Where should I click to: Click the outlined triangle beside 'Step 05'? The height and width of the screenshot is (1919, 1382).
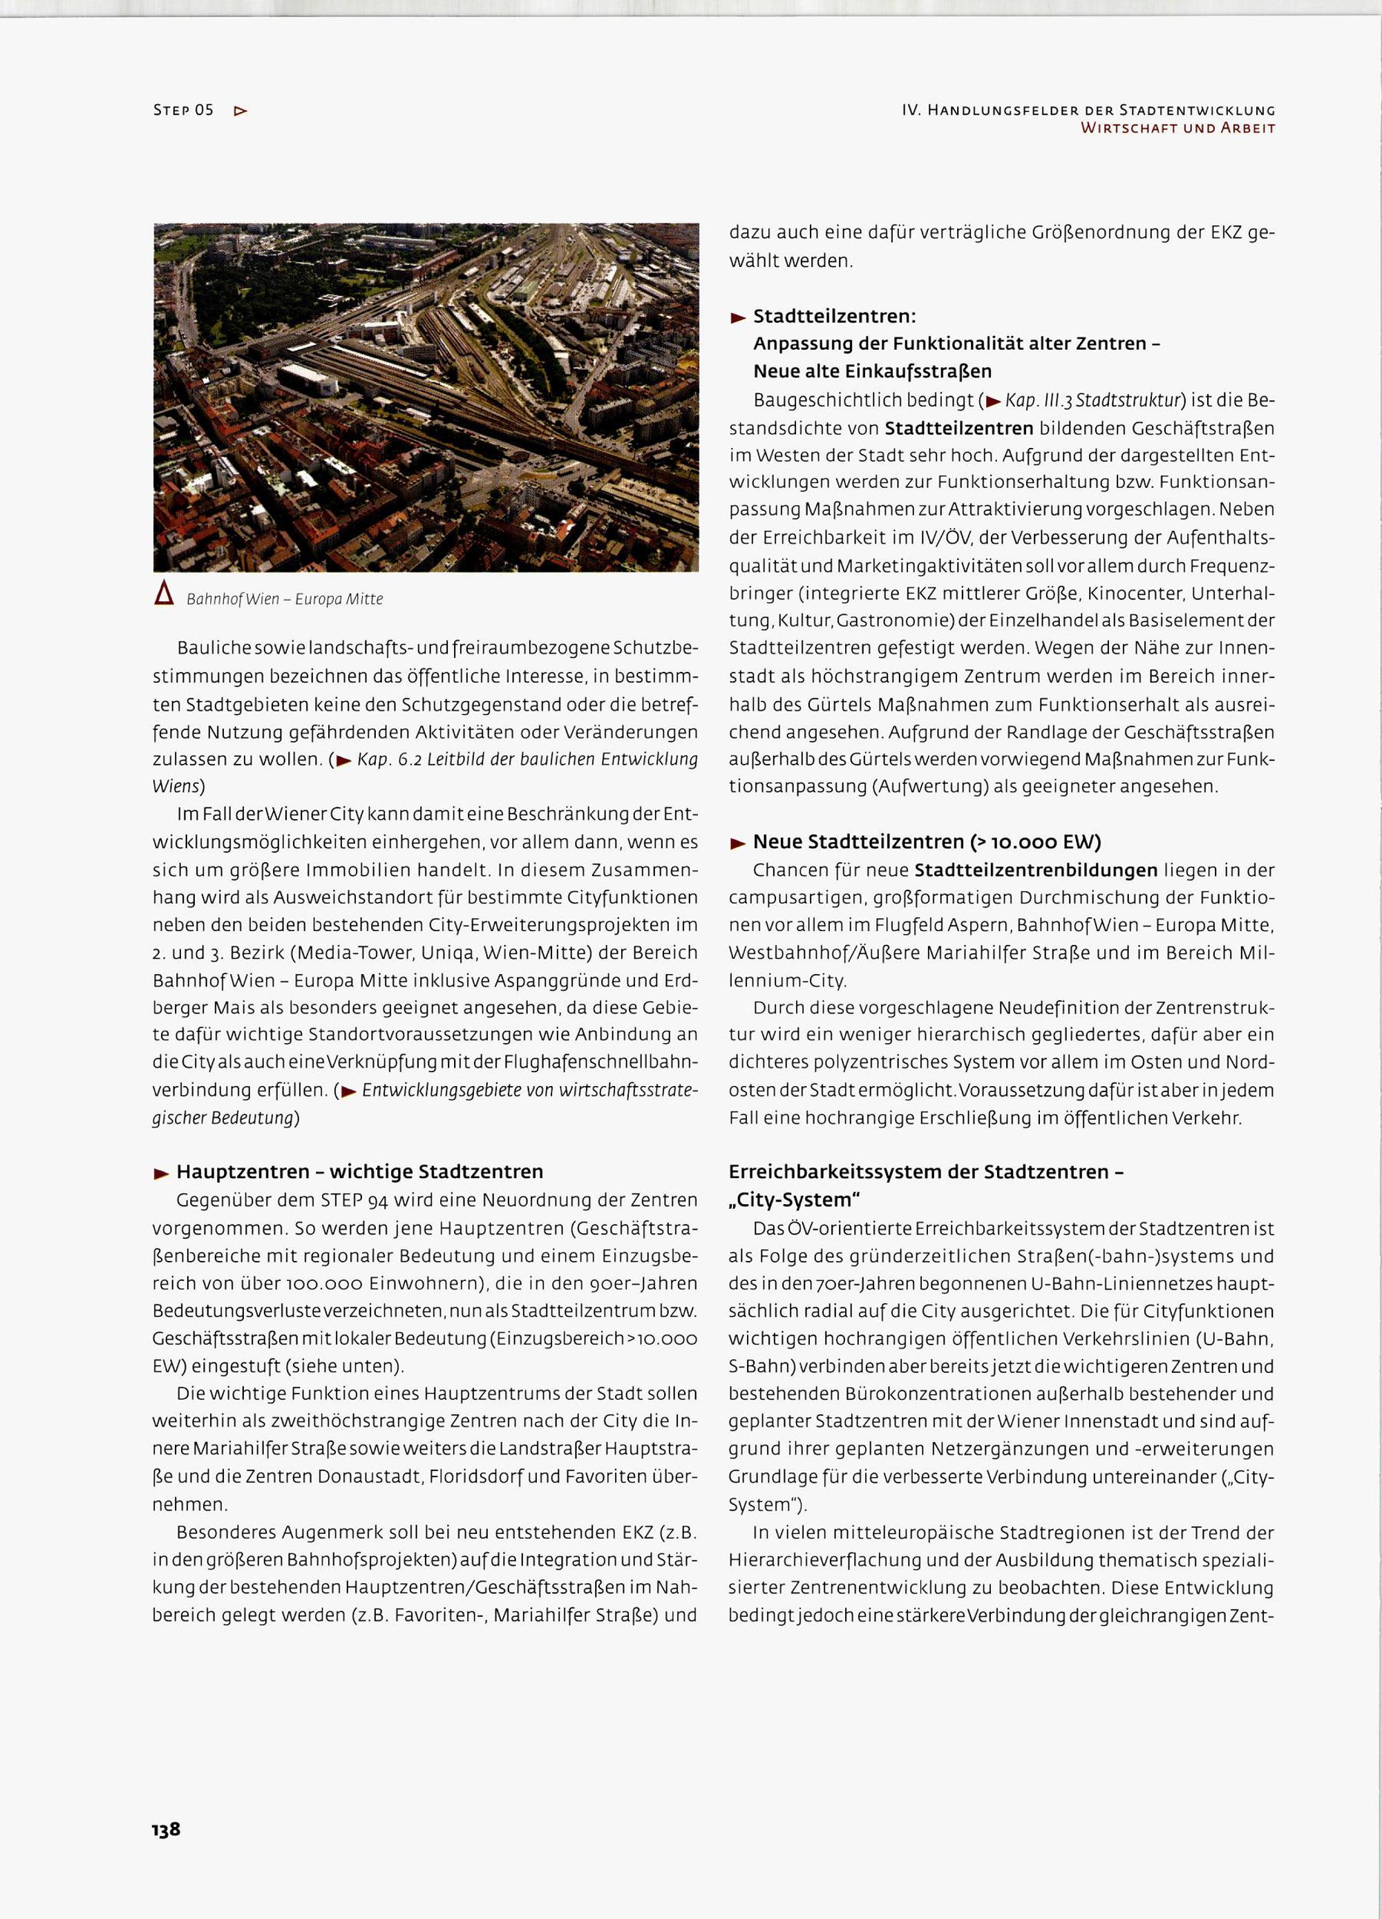(x=240, y=111)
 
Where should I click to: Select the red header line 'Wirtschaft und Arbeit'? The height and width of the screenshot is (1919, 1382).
(x=1178, y=129)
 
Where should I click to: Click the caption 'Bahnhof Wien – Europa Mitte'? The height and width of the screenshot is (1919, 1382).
(x=284, y=599)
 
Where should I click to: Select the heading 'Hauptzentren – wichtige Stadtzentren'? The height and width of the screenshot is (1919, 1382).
(x=359, y=1172)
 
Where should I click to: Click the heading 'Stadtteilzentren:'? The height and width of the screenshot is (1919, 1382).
(x=834, y=317)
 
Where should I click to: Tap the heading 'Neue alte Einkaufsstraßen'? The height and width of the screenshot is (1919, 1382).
(x=872, y=371)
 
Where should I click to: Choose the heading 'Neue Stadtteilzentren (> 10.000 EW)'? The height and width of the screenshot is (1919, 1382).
(x=927, y=842)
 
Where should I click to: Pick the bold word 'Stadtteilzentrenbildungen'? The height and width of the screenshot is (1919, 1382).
(x=1036, y=870)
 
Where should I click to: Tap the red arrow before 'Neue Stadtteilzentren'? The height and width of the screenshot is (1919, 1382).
(x=737, y=843)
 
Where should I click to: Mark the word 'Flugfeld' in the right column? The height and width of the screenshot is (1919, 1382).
(x=956, y=925)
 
